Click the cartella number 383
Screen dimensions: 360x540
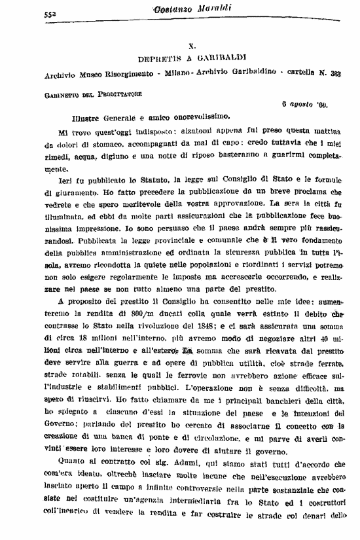coord(337,74)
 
